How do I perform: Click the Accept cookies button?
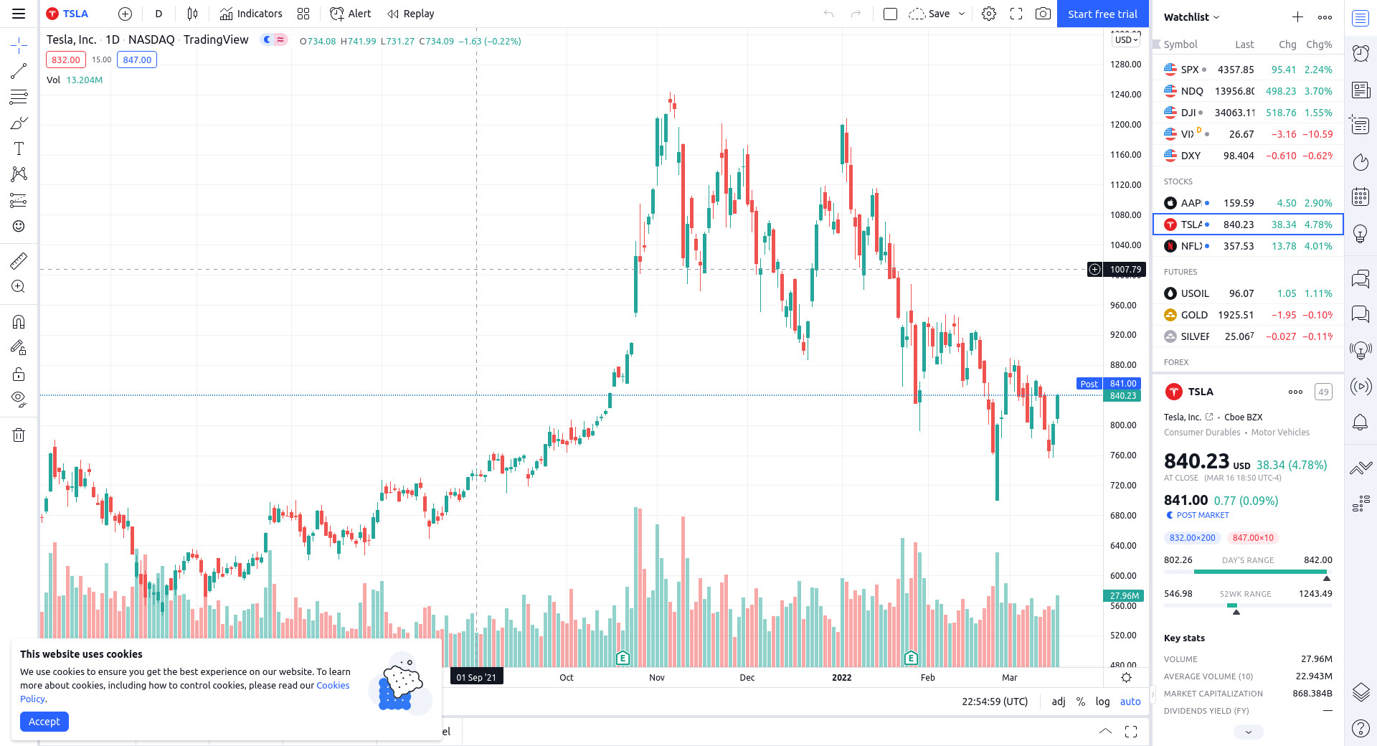[44, 722]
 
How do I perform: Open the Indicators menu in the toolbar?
[251, 14]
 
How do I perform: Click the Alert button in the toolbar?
[351, 14]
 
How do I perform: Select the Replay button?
[411, 14]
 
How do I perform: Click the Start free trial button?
[1102, 14]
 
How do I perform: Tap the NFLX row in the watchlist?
[1247, 246]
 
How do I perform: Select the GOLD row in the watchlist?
[1247, 315]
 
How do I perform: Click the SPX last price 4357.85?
[1235, 70]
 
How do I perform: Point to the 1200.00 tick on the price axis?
[1125, 125]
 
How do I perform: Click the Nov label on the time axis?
[657, 677]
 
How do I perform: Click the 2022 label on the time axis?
[841, 677]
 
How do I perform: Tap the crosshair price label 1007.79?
[1125, 270]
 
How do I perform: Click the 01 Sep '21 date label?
[476, 677]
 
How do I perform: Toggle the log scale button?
[1102, 702]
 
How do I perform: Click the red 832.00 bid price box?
[66, 60]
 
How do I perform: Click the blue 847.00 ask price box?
[137, 60]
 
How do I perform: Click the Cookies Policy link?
[333, 686]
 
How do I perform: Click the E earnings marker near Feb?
[911, 658]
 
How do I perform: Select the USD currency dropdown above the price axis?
[1126, 40]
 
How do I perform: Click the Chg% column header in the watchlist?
[1319, 44]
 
